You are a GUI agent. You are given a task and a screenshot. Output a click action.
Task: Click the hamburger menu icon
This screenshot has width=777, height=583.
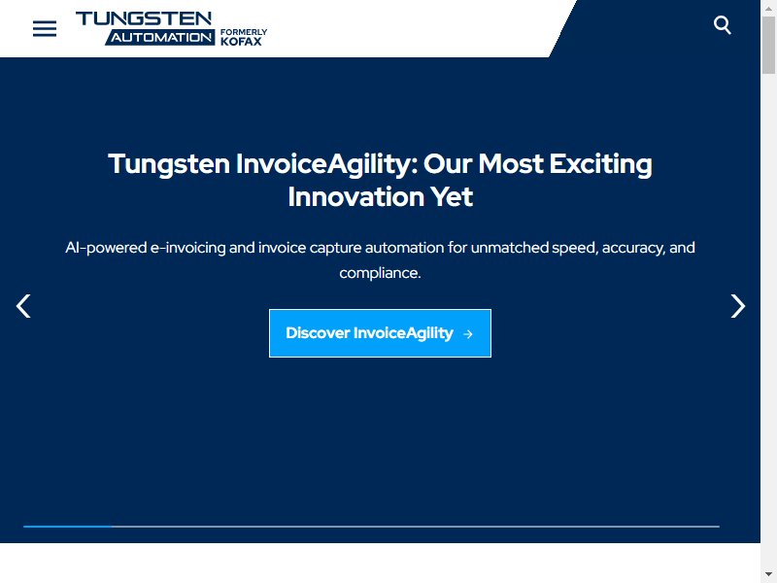[45, 29]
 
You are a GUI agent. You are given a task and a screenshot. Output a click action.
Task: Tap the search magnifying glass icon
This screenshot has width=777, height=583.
[722, 25]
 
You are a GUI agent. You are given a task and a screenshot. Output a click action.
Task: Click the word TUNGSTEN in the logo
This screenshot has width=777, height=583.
[144, 18]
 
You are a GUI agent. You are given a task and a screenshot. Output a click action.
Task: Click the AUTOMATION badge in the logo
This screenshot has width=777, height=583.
[160, 37]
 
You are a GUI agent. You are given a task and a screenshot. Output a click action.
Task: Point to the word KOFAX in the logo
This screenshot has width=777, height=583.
[241, 42]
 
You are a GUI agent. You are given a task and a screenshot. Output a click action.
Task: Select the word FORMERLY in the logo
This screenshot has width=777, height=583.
[244, 32]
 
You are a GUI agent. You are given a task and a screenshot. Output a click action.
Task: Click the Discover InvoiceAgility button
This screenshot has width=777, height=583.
[380, 333]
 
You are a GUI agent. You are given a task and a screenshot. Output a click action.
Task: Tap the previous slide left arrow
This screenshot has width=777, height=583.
[23, 306]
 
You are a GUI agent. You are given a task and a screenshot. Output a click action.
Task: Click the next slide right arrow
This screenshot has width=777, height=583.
[738, 306]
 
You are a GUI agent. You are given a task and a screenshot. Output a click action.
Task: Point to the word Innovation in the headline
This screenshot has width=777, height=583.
[355, 197]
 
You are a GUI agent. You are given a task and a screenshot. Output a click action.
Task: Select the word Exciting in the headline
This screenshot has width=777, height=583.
[600, 164]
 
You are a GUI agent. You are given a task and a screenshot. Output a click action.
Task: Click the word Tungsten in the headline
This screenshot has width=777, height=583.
[169, 164]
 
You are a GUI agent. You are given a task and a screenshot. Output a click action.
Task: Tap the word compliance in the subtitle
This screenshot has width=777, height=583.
[379, 273]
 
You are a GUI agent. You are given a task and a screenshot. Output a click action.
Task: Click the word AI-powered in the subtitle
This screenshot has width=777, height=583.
[106, 248]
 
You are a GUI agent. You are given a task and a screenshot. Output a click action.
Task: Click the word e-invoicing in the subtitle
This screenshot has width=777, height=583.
[187, 248]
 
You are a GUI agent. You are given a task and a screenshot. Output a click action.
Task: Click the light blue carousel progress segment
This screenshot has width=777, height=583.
[68, 527]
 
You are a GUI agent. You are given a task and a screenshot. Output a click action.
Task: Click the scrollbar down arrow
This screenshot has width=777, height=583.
[768, 574]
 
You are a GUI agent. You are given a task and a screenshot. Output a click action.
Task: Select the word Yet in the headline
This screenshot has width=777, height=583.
[451, 197]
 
